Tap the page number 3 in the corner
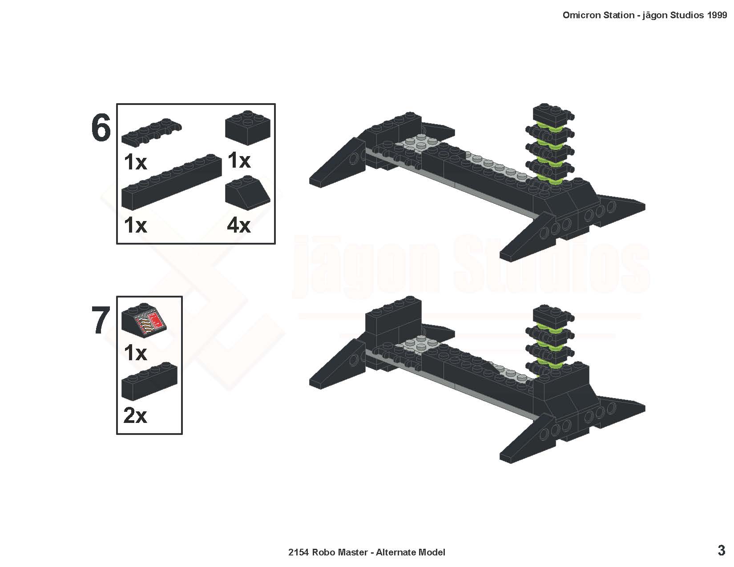(721, 550)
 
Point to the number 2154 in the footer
(298, 552)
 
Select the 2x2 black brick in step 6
(248, 128)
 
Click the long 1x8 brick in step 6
(172, 182)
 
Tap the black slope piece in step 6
(248, 193)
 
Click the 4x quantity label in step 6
(239, 225)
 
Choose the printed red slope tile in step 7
(144, 320)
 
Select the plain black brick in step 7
(149, 382)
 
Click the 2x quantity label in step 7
(135, 415)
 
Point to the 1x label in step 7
(135, 353)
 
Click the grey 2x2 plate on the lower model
(418, 345)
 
